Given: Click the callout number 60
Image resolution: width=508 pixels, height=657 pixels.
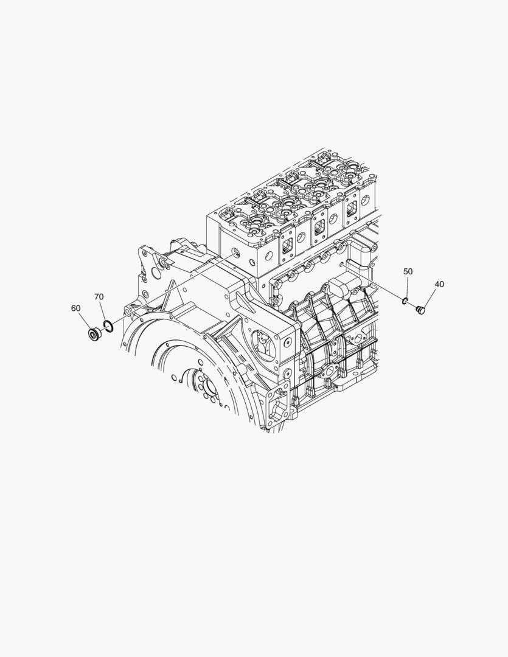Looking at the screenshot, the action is coord(75,308).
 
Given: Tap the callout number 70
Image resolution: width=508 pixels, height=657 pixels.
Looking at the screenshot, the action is coord(99,297).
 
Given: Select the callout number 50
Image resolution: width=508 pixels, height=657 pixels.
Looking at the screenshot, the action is coord(408,271).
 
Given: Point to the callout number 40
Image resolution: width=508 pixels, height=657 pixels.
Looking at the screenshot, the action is coord(439,284).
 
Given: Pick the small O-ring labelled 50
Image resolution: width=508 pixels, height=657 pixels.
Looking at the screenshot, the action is coord(405,301).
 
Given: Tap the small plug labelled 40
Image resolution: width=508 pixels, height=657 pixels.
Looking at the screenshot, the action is coord(420,310).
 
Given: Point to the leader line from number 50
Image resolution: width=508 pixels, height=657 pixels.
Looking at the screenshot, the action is coord(407,287).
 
